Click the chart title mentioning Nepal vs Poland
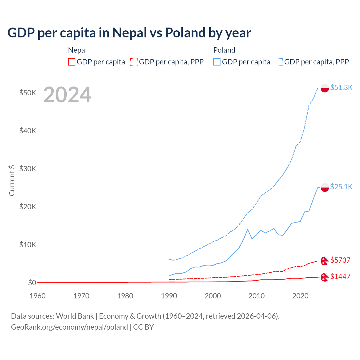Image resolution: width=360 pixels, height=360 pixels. coord(129,33)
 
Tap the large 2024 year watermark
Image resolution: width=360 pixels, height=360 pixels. coord(67,95)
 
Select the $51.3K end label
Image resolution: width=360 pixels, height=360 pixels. coord(341,87)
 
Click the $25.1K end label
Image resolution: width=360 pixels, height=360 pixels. coord(341,187)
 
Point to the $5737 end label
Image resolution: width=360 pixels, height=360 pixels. coord(340,260)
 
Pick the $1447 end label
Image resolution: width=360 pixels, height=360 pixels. coord(340,276)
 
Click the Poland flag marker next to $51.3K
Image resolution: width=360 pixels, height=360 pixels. coord(325,88)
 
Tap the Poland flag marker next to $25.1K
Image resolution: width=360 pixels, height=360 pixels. coord(325,187)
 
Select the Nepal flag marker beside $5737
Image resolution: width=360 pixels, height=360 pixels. coord(325,261)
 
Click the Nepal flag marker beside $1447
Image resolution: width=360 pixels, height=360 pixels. coord(325,277)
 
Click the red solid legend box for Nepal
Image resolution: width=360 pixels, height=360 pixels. coord(72,62)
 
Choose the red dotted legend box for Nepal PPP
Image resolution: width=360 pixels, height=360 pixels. coord(134,62)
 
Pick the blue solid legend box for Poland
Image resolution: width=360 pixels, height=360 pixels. coord(217,62)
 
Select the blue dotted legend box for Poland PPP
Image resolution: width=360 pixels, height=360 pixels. coord(279,62)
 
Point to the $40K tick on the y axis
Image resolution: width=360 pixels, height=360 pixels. coord(28,131)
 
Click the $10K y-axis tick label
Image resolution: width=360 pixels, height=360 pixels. coord(28,245)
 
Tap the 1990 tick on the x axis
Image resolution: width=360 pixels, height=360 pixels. coord(169,296)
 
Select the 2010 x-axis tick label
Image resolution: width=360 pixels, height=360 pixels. coord(256,296)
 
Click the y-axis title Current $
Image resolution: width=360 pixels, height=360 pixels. coord(12,180)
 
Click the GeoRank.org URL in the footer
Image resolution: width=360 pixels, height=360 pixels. coord(69,327)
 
